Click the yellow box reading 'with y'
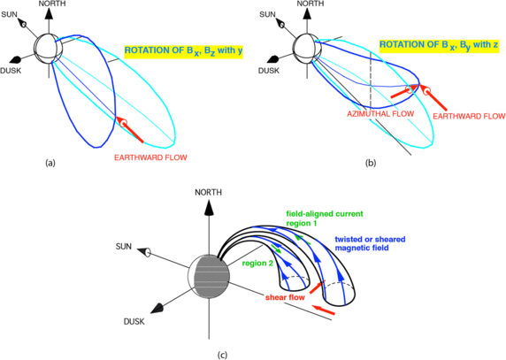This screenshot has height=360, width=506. pos(178,51)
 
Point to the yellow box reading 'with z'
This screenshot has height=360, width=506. pos(434,45)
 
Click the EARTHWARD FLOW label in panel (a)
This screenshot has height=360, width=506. pos(149,158)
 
